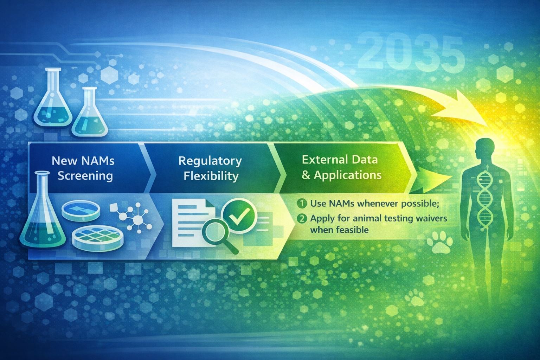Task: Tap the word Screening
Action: (x=85, y=176)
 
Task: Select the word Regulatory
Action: (x=210, y=161)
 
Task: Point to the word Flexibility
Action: (x=211, y=176)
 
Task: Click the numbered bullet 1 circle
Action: (x=302, y=204)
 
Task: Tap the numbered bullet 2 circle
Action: (x=302, y=219)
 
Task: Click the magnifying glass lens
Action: (x=215, y=232)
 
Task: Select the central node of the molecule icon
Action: (x=138, y=219)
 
